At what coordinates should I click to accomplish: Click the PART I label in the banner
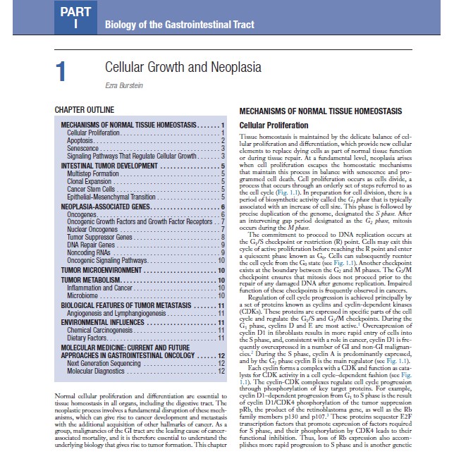75,18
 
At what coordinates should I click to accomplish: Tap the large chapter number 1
61,73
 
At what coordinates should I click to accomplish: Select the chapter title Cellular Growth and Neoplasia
183,68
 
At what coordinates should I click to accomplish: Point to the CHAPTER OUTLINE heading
85,111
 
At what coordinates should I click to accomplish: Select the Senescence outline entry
84,148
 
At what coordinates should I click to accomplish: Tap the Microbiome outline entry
83,296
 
